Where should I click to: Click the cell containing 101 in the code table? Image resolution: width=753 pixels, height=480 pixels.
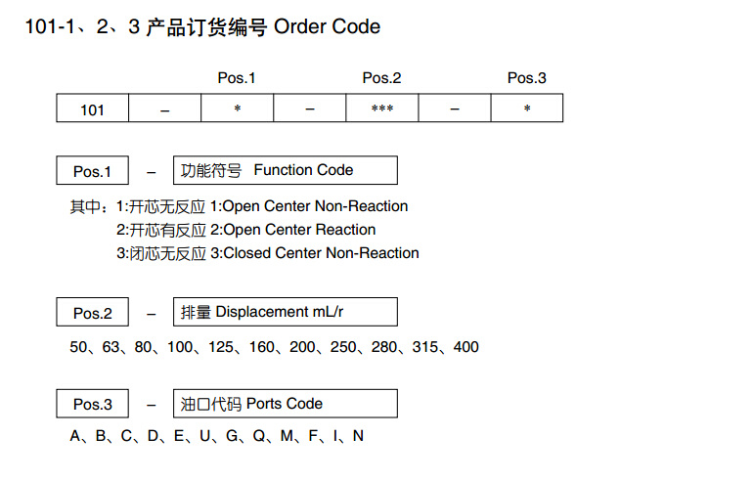tap(92, 108)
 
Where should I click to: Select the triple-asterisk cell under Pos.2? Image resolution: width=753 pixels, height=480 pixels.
tap(381, 108)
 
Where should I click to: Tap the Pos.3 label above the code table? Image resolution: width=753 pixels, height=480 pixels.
tap(527, 78)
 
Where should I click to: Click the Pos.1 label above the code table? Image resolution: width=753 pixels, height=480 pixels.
tap(237, 78)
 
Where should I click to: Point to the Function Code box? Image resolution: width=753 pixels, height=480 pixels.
tap(286, 170)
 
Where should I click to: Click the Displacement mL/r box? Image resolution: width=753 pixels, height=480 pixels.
tap(286, 312)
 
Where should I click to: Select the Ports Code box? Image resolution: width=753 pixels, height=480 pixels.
tap(286, 403)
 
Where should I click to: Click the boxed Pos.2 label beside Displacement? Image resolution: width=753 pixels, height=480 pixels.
tap(92, 312)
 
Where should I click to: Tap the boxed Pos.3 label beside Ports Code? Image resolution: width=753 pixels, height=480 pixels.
tap(92, 403)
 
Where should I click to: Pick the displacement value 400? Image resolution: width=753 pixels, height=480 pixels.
tap(465, 347)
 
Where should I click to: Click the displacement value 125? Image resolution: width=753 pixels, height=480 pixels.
tap(220, 347)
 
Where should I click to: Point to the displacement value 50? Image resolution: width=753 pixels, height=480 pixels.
tap(78, 347)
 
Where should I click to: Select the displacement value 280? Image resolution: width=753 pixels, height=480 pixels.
tap(384, 347)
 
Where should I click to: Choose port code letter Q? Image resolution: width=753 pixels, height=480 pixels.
tap(259, 436)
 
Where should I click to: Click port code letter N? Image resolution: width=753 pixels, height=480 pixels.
tap(358, 435)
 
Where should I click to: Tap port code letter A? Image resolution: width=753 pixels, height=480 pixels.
tap(75, 435)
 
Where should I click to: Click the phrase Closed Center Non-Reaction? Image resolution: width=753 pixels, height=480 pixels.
tap(322, 253)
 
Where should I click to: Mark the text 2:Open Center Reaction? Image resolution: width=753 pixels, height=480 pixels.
tap(293, 230)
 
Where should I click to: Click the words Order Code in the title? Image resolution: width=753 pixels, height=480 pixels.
tap(327, 26)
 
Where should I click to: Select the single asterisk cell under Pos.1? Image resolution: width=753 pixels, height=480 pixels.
tap(238, 108)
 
